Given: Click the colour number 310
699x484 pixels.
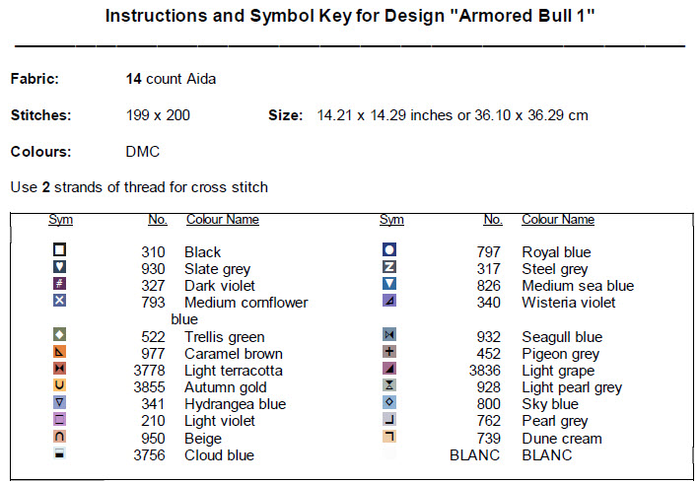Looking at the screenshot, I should click(x=153, y=252).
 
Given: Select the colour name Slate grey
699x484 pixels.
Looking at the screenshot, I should click(x=217, y=269).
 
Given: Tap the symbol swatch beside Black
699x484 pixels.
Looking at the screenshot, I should click(x=59, y=250).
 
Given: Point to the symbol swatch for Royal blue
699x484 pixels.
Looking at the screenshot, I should click(x=389, y=250).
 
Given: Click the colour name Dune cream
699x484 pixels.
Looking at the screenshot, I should click(x=562, y=439).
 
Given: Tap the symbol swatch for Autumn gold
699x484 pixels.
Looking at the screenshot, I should click(x=59, y=385).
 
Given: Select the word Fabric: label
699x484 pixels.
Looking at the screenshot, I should click(x=35, y=79).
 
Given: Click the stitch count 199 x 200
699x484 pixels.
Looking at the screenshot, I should click(x=159, y=115).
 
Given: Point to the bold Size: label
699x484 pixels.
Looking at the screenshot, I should click(x=285, y=115).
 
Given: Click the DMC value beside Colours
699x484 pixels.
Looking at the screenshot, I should click(x=143, y=152).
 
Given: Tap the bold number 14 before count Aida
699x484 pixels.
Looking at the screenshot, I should click(x=134, y=79).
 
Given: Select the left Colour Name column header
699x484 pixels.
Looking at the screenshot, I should click(x=223, y=220).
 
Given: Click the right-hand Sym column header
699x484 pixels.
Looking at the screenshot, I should click(x=391, y=220).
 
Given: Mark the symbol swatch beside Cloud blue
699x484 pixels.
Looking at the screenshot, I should click(x=59, y=453).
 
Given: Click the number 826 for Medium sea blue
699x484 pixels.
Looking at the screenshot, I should click(x=489, y=286).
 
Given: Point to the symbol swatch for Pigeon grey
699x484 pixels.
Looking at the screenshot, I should click(x=389, y=352).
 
